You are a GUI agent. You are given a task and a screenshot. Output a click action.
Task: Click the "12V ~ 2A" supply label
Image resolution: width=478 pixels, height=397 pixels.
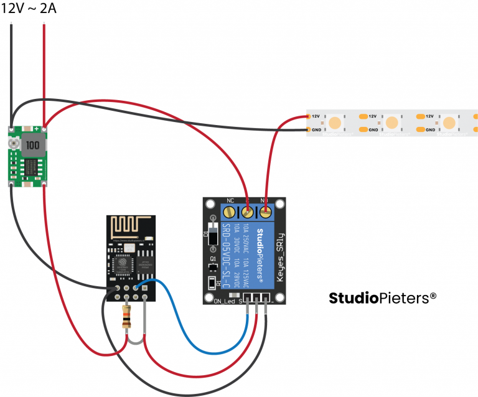point(29,9)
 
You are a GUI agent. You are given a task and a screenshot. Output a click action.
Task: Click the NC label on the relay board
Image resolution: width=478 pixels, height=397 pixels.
point(230,201)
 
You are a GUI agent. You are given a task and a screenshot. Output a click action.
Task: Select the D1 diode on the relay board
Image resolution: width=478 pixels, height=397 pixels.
point(214,236)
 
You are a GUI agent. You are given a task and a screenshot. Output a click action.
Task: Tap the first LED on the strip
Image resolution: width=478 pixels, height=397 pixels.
point(336,123)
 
